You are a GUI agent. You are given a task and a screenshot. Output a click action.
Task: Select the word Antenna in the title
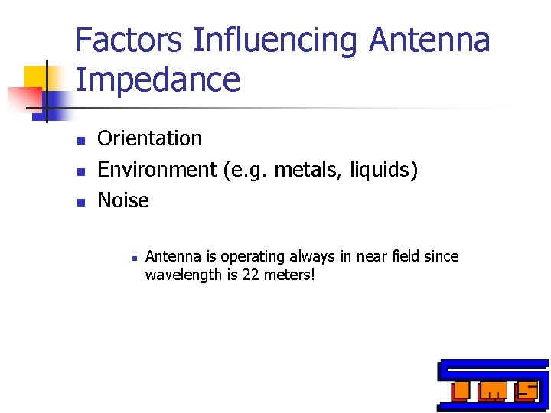[x=429, y=40]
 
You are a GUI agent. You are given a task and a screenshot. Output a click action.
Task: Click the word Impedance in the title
[x=158, y=80]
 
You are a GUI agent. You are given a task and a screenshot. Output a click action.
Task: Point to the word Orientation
[x=150, y=138]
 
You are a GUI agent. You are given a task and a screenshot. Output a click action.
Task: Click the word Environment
[x=157, y=169]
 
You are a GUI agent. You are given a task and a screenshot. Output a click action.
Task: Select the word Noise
[x=123, y=200]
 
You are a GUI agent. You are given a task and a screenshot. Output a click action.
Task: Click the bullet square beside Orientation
[x=79, y=140]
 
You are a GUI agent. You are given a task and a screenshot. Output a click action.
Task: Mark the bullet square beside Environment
[x=79, y=171]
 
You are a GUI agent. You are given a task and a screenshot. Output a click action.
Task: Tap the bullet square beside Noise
[x=79, y=202]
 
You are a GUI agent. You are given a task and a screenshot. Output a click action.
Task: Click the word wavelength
[x=183, y=274]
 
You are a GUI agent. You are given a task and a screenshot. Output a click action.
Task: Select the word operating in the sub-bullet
[x=249, y=256]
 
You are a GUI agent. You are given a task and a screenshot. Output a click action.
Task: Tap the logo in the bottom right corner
[x=493, y=385]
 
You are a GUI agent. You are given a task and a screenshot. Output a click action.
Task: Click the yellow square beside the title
[x=37, y=77]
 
